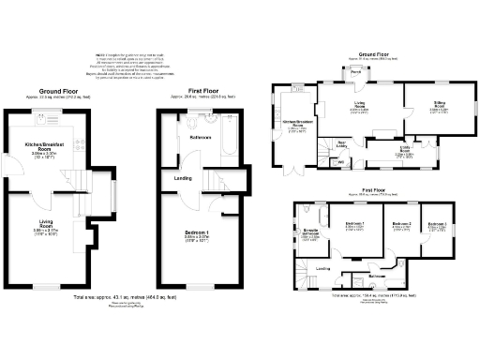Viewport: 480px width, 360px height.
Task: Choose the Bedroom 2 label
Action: point(401,226)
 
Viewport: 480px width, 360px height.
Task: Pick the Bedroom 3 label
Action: point(437,226)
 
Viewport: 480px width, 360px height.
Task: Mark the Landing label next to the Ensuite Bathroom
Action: point(322,269)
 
